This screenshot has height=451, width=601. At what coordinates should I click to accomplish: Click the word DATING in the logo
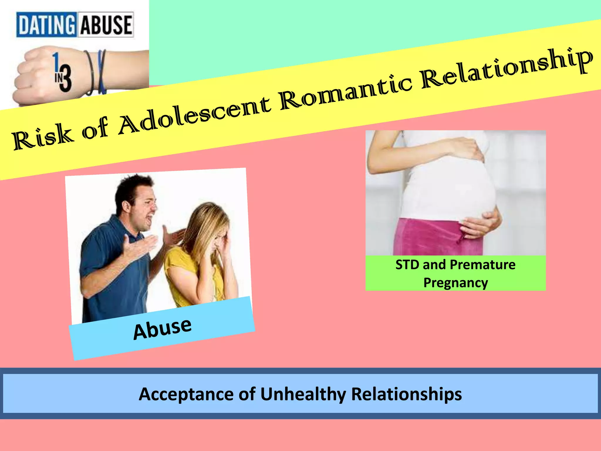[46, 25]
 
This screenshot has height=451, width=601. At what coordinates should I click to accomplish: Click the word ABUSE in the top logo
[106, 25]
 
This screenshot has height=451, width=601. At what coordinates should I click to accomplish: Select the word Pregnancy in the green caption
[455, 283]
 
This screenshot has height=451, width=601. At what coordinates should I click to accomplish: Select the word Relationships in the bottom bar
[406, 394]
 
